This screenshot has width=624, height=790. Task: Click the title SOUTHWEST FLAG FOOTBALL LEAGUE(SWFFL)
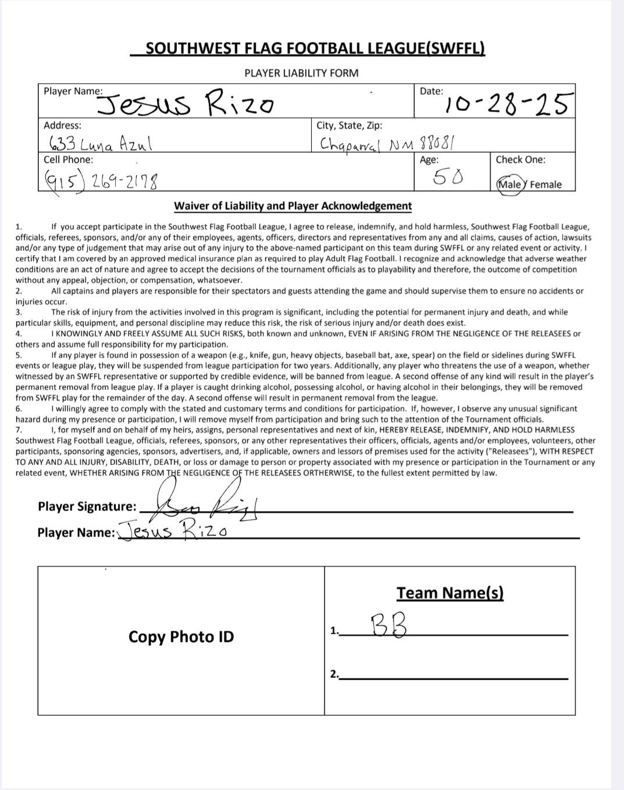[315, 48]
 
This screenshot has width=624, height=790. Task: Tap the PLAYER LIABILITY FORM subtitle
[301, 73]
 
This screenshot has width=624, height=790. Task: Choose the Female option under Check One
[545, 185]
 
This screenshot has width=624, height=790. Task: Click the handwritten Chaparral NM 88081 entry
[387, 143]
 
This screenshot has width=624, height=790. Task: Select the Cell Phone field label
[68, 160]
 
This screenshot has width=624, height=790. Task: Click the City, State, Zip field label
[349, 126]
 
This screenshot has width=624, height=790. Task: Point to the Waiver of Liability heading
[293, 206]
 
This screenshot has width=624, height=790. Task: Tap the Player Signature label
[87, 507]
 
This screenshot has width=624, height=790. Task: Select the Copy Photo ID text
[181, 637]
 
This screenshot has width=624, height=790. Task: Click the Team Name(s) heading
[450, 593]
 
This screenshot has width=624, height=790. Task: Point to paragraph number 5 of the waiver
[19, 355]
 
